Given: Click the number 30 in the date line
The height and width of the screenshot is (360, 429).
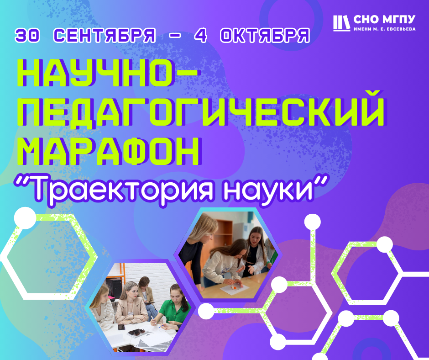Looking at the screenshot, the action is [x=27, y=35].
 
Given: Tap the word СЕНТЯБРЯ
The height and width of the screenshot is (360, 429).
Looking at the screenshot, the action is [x=105, y=35].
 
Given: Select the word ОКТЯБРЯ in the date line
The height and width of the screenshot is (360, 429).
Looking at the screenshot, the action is [x=265, y=35].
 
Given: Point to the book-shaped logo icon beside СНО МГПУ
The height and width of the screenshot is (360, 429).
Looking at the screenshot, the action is [x=341, y=23].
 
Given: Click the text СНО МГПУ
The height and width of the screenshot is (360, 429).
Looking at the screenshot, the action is [x=384, y=20].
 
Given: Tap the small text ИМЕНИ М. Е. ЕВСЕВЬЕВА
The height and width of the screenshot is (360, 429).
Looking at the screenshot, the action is [x=384, y=29].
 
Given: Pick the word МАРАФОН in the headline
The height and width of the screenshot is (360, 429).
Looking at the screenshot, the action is [x=109, y=151].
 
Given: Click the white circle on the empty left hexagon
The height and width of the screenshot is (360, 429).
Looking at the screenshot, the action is [x=25, y=218].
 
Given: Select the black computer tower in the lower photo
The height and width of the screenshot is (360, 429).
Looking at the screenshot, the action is [x=115, y=288].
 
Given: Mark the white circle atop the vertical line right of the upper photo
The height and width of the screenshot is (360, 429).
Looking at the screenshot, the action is [x=313, y=222].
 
